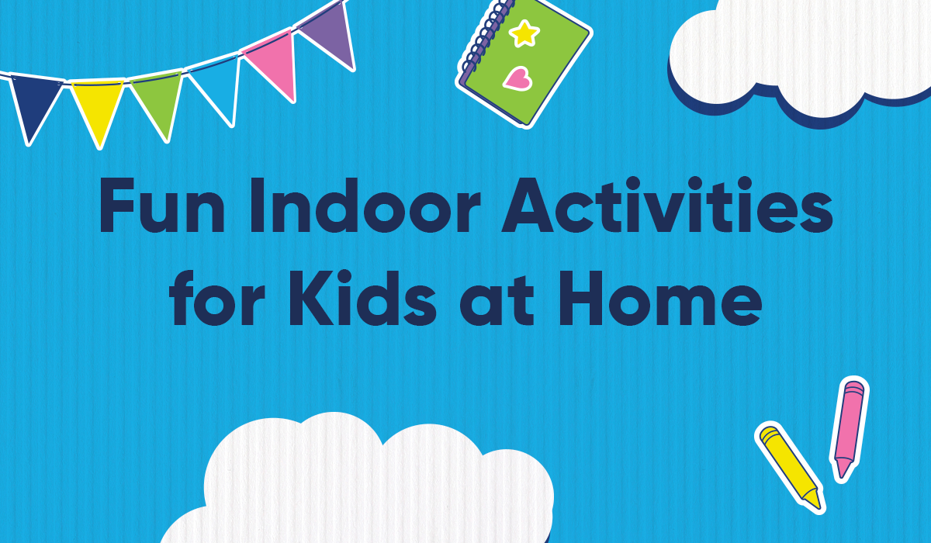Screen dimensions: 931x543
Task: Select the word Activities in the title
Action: (667, 205)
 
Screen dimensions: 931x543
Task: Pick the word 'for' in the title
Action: (217, 298)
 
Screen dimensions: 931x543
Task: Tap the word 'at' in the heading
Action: (497, 301)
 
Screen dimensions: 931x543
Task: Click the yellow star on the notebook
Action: (524, 33)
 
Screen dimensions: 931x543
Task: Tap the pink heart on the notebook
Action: (518, 78)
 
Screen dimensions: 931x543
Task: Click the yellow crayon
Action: (790, 467)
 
